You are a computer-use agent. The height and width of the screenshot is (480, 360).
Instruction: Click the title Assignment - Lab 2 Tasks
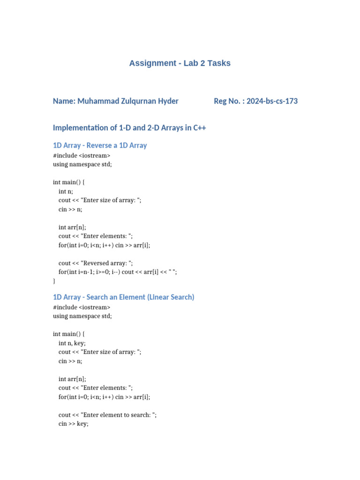pyautogui.click(x=180, y=63)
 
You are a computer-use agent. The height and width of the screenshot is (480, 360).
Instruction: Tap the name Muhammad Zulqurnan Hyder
pyautogui.click(x=127, y=101)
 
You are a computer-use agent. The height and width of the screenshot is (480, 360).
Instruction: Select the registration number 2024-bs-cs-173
pyautogui.click(x=272, y=101)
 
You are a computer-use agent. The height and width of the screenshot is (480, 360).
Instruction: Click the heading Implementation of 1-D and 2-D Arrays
pyautogui.click(x=129, y=128)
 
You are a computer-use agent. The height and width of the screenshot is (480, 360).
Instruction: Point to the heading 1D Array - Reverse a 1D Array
pyautogui.click(x=100, y=145)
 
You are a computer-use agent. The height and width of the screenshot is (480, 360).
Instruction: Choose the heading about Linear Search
pyautogui.click(x=123, y=297)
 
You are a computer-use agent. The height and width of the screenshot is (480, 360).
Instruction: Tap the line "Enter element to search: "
pyautogui.click(x=107, y=415)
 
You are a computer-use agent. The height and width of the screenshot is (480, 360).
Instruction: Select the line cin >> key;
pyautogui.click(x=73, y=424)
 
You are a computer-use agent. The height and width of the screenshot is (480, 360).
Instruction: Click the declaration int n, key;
pyautogui.click(x=72, y=343)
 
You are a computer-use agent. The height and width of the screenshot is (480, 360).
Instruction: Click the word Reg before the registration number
pyautogui.click(x=221, y=101)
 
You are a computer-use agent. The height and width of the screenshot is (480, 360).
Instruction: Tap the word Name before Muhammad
pyautogui.click(x=64, y=101)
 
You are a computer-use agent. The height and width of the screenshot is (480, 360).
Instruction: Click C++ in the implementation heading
pyautogui.click(x=199, y=128)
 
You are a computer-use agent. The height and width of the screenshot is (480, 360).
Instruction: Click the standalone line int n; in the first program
pyautogui.click(x=66, y=191)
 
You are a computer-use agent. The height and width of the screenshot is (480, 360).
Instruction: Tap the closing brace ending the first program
pyautogui.click(x=54, y=281)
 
